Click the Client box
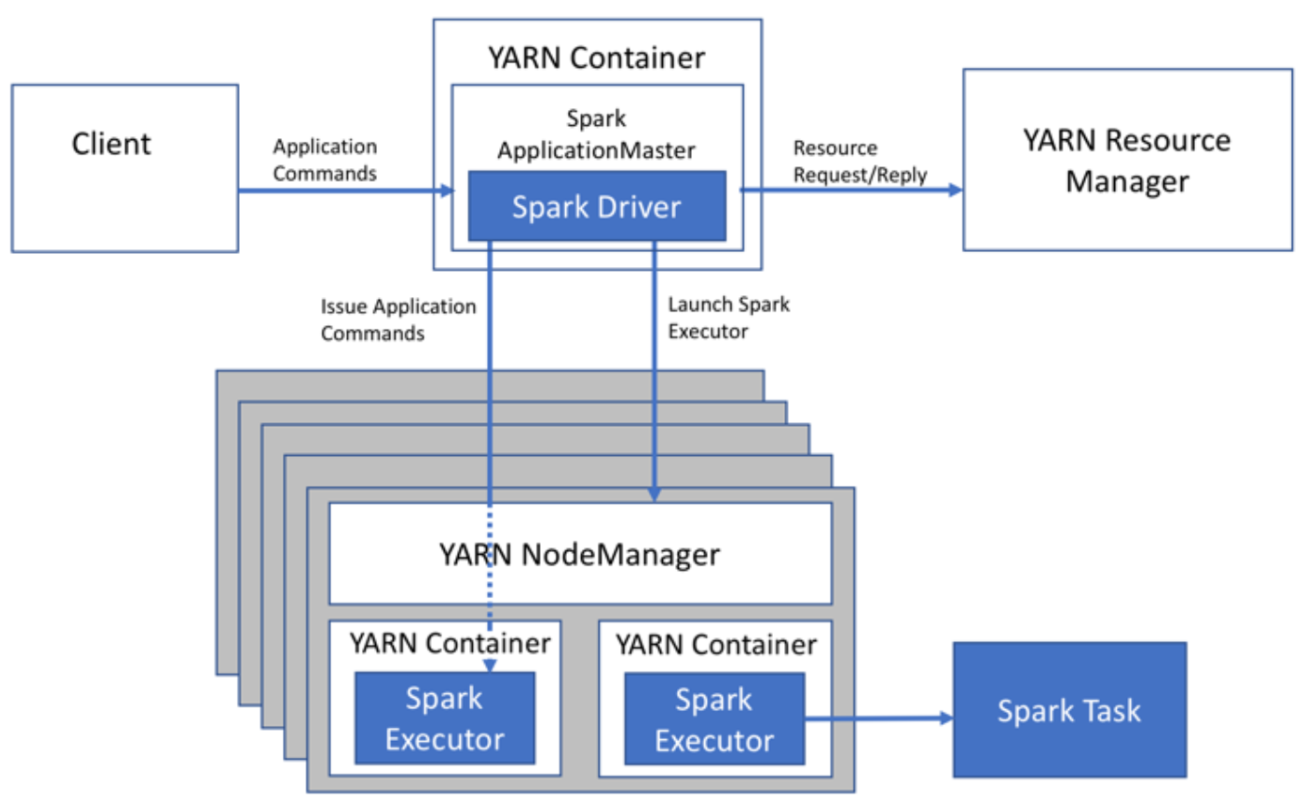[x=124, y=167]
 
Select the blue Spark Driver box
[x=596, y=206]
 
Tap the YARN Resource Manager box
[x=1126, y=159]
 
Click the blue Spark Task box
[x=1069, y=710]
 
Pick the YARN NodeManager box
[x=579, y=554]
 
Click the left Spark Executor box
[x=444, y=717]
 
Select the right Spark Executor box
[x=714, y=717]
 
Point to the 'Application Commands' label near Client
[x=324, y=160]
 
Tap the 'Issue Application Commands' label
[x=399, y=320]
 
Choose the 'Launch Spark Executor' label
[x=728, y=318]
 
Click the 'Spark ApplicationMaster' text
[x=596, y=134]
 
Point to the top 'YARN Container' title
[x=596, y=58]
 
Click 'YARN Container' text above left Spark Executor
[x=449, y=644]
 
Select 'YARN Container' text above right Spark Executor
[x=715, y=645]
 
